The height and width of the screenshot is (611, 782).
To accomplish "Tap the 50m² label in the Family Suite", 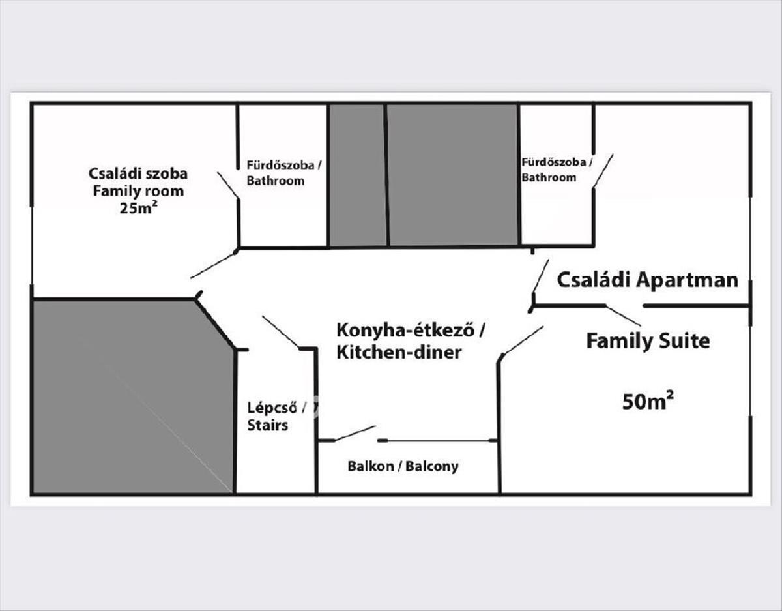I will (647, 401).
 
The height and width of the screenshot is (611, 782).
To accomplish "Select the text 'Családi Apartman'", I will (648, 280).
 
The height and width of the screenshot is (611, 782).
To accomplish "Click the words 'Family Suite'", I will (647, 340).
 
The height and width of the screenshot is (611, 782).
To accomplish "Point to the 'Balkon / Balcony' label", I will (402, 466).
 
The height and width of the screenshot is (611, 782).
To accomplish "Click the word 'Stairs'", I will (267, 426).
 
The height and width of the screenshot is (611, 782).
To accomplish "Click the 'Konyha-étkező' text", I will (409, 330).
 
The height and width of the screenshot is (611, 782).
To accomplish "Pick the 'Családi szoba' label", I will (138, 173).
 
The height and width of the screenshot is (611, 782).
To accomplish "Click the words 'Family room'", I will (138, 191).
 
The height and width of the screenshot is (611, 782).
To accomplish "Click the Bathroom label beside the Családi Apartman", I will (549, 177).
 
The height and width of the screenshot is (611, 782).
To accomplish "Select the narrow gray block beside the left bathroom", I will (356, 175).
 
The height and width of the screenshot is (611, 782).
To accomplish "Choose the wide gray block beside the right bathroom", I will (453, 175).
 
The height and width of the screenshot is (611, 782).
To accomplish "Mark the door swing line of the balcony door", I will (355, 434).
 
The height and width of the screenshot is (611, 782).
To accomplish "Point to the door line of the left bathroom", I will (227, 185).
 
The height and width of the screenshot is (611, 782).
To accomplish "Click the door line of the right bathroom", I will (602, 171).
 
